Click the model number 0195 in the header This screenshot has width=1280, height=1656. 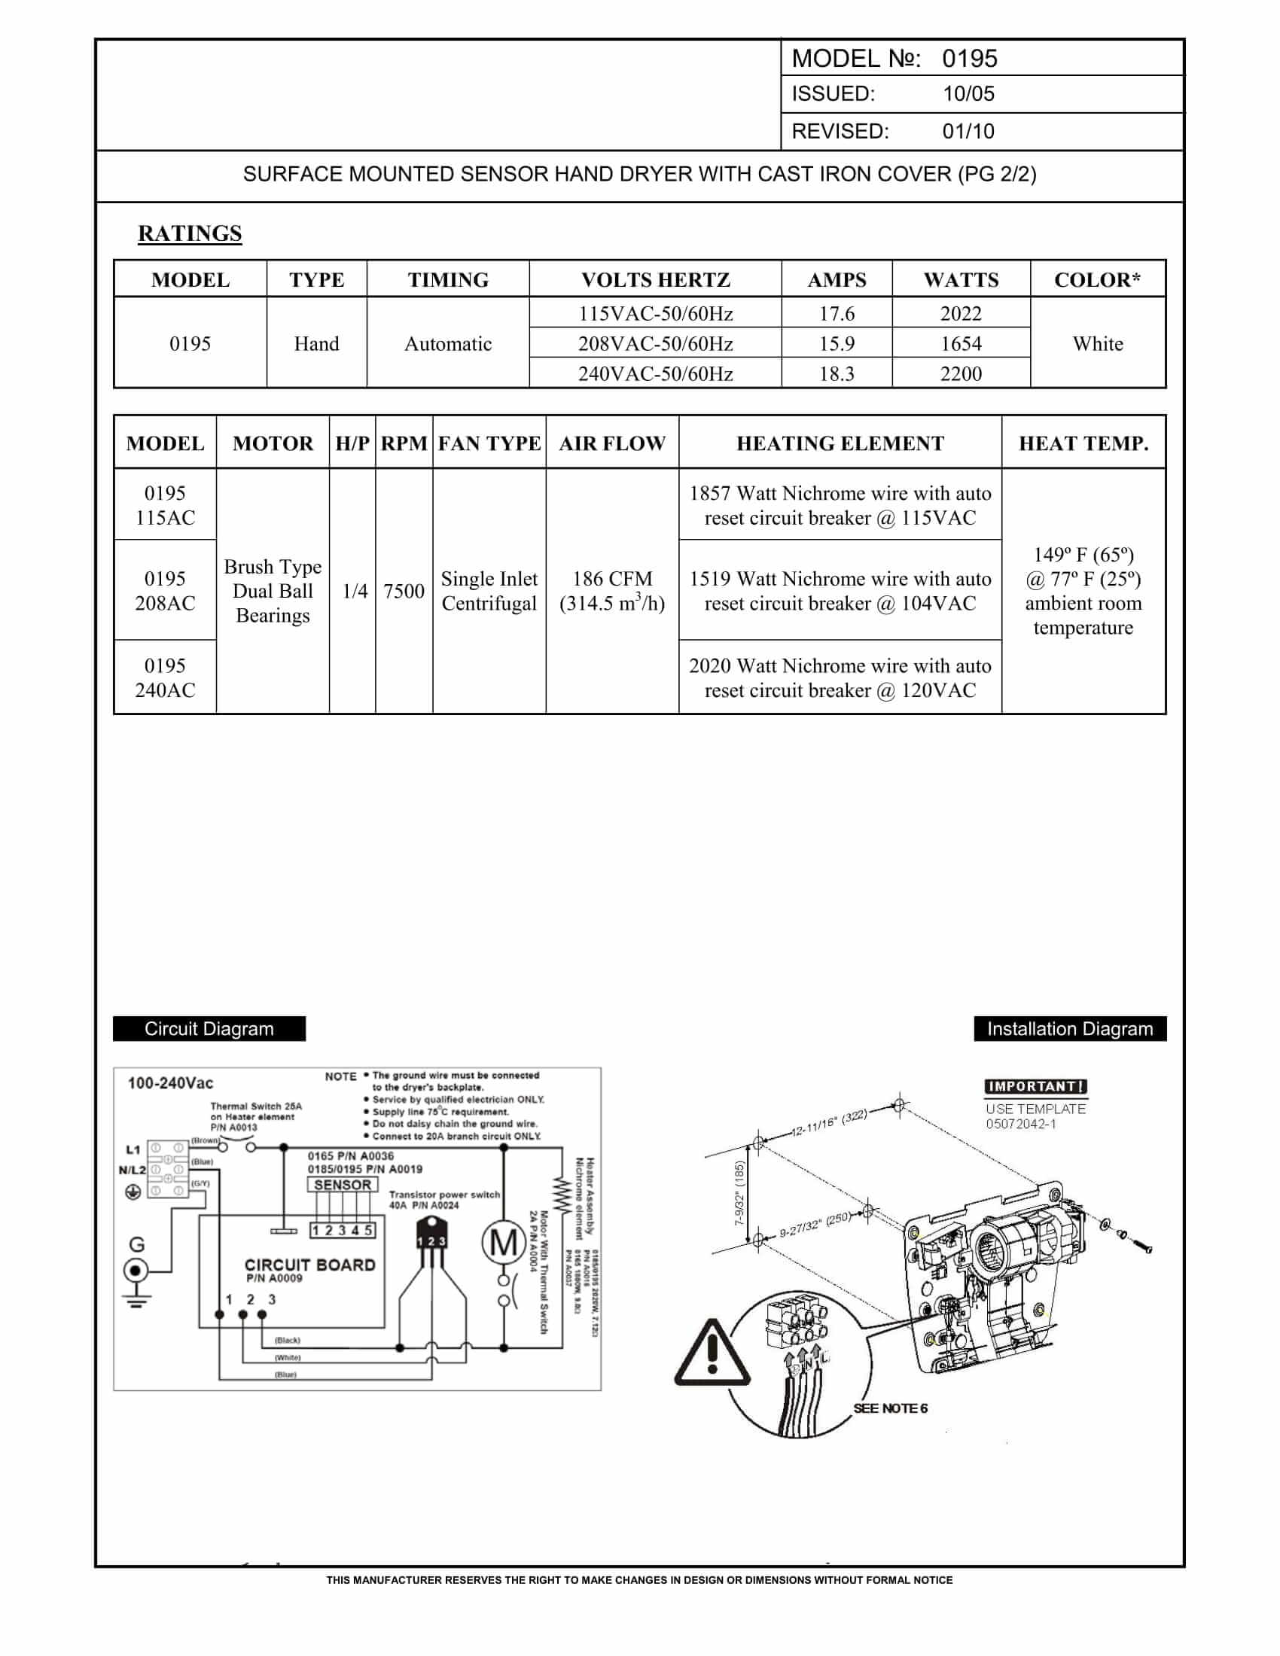coord(969,59)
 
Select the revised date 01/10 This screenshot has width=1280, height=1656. coord(968,131)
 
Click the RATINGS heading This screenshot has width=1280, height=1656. coord(190,233)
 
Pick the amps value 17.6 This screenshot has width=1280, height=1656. coord(837,313)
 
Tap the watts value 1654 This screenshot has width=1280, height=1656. coord(961,343)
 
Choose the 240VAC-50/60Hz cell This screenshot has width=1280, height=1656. coord(655,374)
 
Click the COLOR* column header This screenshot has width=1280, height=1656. coord(1097,280)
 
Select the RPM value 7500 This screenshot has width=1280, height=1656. coord(404,591)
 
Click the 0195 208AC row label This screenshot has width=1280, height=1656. coord(165,591)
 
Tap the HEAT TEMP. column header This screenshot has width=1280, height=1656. coord(1083,443)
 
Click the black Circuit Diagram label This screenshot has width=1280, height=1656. coord(209,1029)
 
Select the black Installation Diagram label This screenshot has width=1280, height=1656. coord(1070,1029)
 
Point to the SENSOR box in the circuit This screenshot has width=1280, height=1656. coord(343,1184)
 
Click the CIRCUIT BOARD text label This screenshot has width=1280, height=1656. coord(309,1265)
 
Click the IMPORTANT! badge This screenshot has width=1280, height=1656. coord(1036,1086)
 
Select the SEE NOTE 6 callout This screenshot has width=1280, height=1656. coord(890,1408)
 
